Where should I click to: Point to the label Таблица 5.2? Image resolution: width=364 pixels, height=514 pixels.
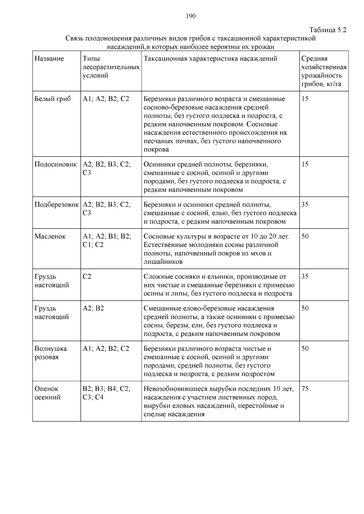[328, 30]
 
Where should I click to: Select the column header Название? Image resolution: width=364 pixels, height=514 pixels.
[49, 59]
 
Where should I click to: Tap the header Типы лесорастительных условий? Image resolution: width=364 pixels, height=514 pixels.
[111, 67]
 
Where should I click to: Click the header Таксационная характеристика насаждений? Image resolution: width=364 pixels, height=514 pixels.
[210, 59]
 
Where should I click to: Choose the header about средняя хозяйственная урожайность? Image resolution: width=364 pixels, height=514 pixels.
[324, 71]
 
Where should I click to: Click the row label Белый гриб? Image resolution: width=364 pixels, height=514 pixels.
[52, 99]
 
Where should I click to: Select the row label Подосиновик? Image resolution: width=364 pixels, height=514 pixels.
[56, 164]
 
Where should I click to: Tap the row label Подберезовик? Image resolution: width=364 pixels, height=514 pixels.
[56, 205]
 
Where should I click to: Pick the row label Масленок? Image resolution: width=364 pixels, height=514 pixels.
[50, 237]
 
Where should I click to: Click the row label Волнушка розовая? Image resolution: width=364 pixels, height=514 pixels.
[51, 353]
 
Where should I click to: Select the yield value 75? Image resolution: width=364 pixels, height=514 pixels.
[305, 389]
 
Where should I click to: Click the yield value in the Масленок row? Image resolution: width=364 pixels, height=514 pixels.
[305, 237]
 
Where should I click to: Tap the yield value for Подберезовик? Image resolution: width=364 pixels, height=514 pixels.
[305, 205]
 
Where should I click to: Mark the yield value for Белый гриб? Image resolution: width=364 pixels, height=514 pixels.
[305, 99]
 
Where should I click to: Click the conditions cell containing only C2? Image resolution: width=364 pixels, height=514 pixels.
[87, 277]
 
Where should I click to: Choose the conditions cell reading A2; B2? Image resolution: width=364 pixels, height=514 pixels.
[93, 309]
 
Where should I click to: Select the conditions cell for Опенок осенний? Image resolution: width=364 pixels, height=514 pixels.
[106, 393]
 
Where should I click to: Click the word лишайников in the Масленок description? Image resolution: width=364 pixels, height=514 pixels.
[163, 262]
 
